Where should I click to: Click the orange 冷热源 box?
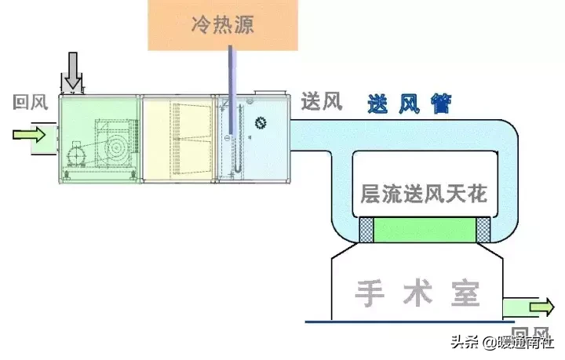[222, 25]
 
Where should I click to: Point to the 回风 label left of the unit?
[29, 103]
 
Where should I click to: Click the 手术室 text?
[414, 294]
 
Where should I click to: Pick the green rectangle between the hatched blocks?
[425, 231]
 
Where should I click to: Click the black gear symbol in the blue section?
[260, 122]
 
